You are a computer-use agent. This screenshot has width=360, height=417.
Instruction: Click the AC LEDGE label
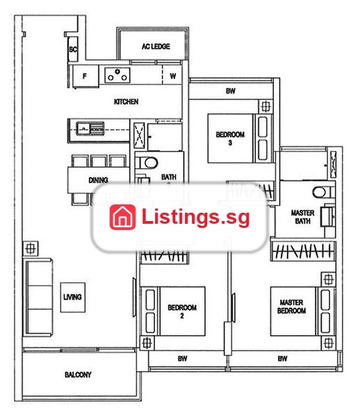pos(156,47)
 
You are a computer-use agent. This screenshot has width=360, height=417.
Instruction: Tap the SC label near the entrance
pos(73,49)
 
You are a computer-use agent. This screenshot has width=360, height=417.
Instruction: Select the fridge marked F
pos(85,76)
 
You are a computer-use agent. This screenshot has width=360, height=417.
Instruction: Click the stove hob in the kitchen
pos(117,75)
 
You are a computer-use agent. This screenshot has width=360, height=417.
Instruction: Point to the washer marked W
pos(172,76)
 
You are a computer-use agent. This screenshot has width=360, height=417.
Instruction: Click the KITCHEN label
pos(126,101)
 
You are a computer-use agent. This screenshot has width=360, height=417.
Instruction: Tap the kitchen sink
pos(90,129)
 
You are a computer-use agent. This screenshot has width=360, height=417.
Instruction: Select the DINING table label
pos(98,180)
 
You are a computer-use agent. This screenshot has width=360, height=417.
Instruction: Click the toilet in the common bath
pos(147,163)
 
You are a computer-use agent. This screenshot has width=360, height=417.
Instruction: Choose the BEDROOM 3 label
pos(230,138)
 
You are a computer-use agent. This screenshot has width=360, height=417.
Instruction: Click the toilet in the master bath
pos(323,192)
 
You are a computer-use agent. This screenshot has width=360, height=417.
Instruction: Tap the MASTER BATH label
pos(302,217)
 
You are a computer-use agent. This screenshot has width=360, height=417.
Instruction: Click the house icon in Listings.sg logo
pos(122,217)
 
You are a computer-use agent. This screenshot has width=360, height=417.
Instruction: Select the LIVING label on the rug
pos(72,297)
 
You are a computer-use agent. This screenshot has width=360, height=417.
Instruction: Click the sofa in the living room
pos(39,297)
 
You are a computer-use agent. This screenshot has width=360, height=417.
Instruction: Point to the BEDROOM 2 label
pos(182,311)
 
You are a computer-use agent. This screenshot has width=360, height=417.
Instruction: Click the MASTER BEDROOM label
pos(291,306)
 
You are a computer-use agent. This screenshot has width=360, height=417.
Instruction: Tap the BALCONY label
pos(78,375)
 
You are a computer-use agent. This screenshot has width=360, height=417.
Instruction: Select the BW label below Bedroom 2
pos(182,359)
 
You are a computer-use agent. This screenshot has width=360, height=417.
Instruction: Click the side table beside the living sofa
pos(31,249)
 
